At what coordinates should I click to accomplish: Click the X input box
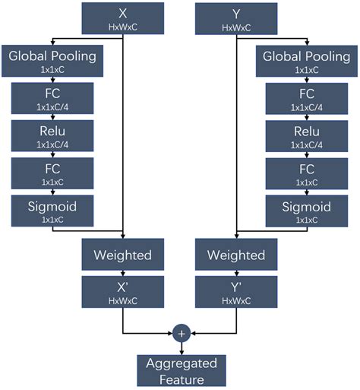click(x=123, y=19)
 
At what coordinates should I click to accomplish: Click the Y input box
click(x=237, y=19)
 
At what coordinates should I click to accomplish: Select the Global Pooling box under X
click(x=52, y=62)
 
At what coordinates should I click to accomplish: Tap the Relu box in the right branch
click(x=306, y=136)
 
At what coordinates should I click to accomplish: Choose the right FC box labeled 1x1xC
click(x=306, y=173)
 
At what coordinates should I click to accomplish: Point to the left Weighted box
click(x=123, y=255)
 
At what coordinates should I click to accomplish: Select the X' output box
click(x=123, y=293)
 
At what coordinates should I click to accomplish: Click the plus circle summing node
click(x=181, y=333)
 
